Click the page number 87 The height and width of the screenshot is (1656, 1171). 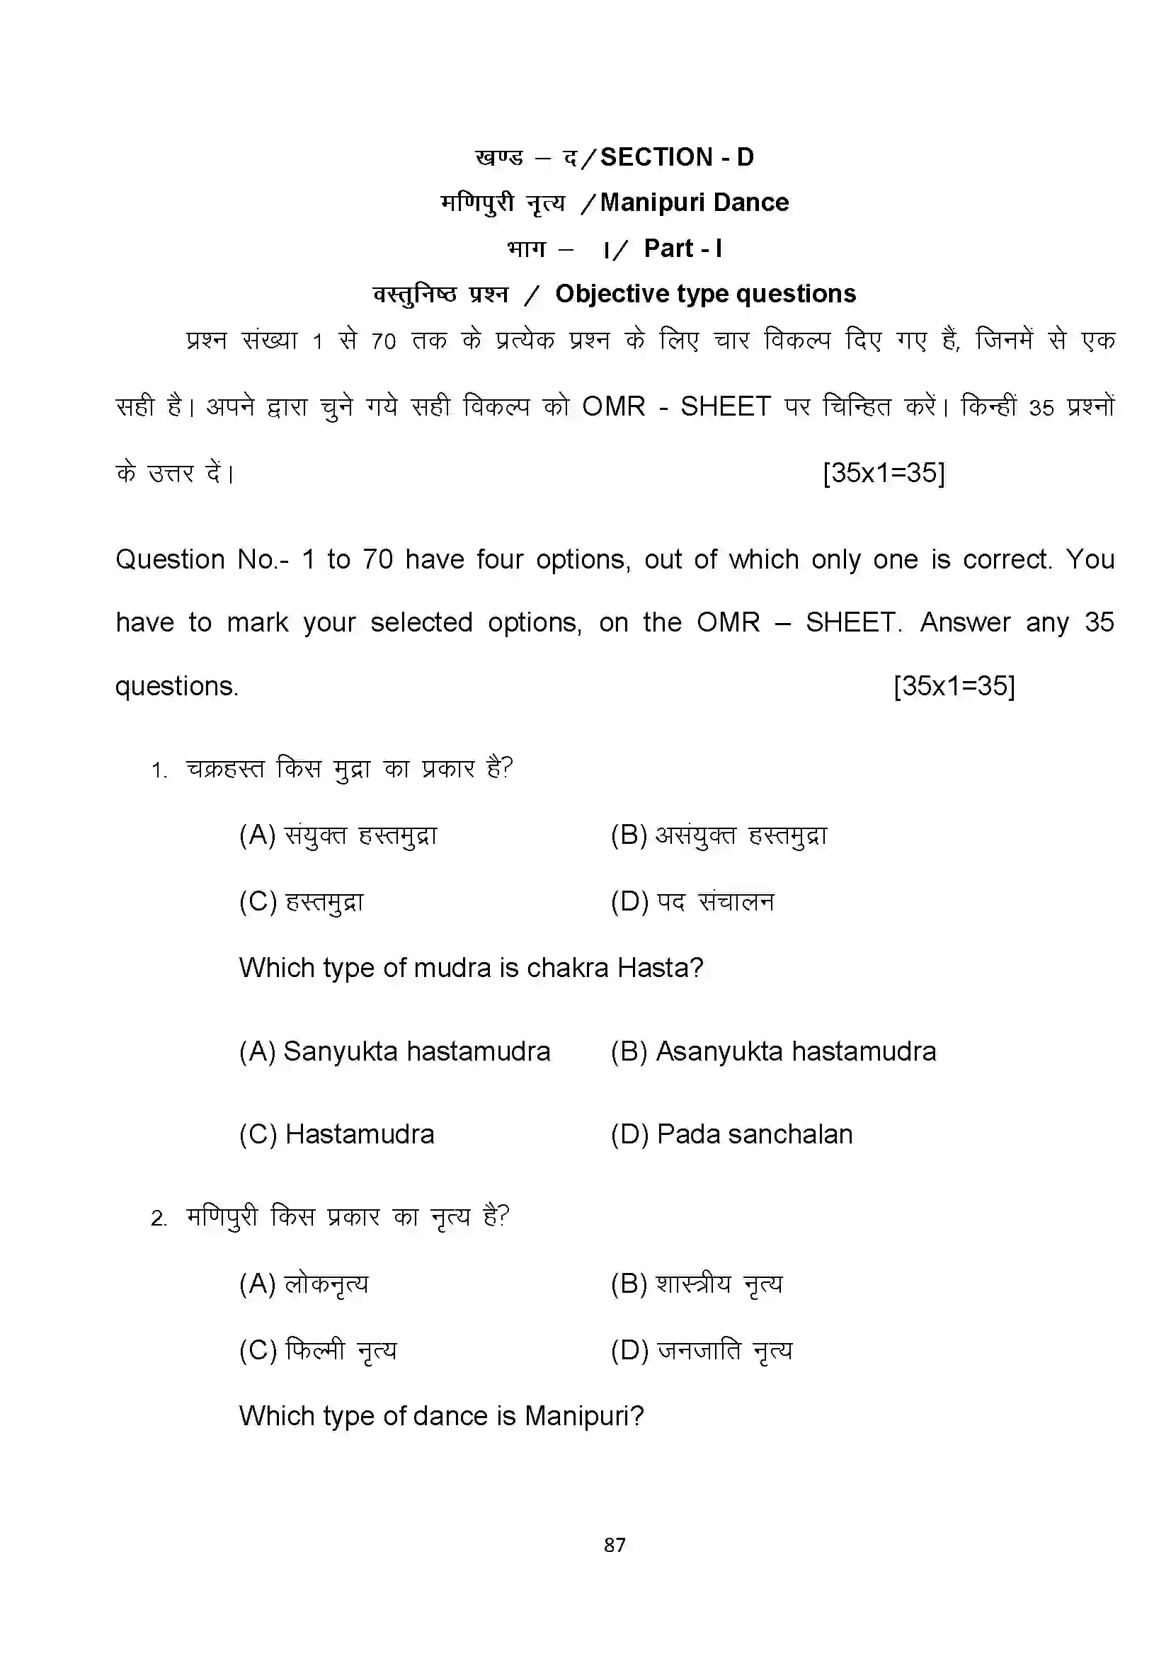(x=615, y=1544)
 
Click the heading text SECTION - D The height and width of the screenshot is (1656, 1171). (x=676, y=157)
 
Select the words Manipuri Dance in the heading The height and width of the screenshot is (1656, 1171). (x=694, y=202)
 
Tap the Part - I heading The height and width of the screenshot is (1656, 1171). (x=682, y=249)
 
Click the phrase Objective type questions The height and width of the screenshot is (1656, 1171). (x=705, y=294)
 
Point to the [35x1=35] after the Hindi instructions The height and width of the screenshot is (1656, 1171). (x=884, y=473)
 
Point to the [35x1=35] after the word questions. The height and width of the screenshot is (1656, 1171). (x=953, y=685)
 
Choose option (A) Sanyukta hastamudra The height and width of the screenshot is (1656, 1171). (x=394, y=1051)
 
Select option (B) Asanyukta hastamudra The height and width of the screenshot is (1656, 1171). (x=773, y=1051)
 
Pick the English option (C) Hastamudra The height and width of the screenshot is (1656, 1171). (x=337, y=1134)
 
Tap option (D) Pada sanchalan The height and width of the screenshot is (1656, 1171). (x=731, y=1134)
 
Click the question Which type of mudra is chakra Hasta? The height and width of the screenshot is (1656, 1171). (x=471, y=968)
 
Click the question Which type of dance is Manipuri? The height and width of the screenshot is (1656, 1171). (x=441, y=1416)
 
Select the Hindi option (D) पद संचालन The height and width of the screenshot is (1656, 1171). (x=692, y=901)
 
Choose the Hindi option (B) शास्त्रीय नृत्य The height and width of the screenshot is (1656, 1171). (x=697, y=1284)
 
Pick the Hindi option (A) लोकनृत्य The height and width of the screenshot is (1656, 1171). (x=304, y=1284)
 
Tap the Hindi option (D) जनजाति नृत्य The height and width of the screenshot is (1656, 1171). (x=701, y=1350)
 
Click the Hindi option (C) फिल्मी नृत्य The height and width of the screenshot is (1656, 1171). (x=318, y=1350)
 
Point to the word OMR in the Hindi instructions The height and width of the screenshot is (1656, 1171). (x=614, y=407)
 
